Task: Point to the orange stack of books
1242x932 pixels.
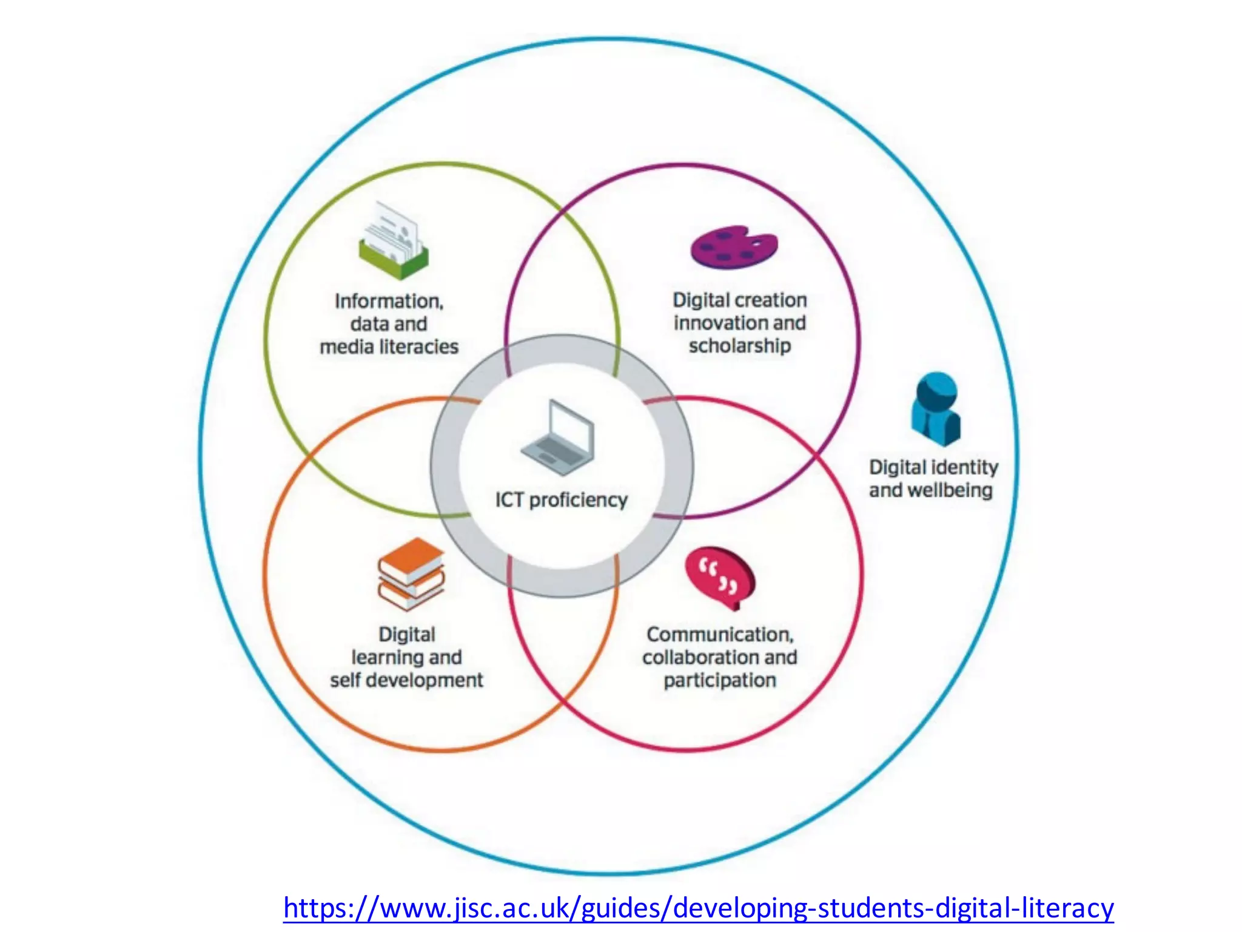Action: pyautogui.click(x=411, y=573)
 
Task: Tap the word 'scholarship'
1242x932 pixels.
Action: pyautogui.click(x=740, y=346)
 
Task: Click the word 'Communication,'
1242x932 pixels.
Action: pyautogui.click(x=720, y=635)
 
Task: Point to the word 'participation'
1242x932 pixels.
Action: pyautogui.click(x=720, y=680)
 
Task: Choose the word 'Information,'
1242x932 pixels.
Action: pyautogui.click(x=389, y=302)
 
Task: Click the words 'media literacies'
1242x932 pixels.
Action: pyautogui.click(x=389, y=347)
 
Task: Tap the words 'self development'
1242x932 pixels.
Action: pyautogui.click(x=406, y=680)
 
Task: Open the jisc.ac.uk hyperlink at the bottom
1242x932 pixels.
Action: pyautogui.click(x=699, y=908)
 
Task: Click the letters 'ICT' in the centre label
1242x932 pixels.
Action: pyautogui.click(x=509, y=500)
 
